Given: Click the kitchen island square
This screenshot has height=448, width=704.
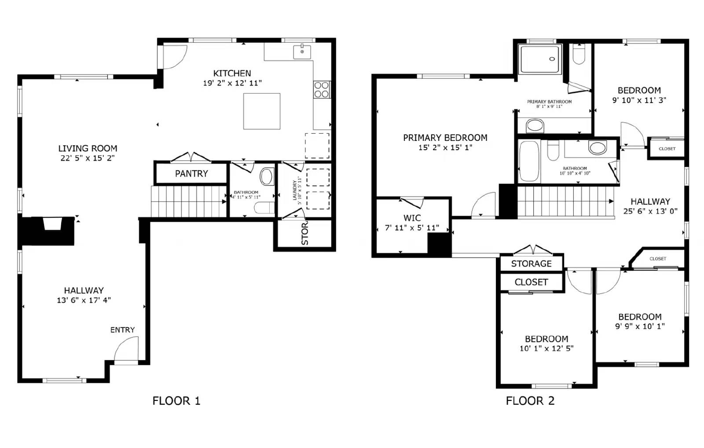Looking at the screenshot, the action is (262, 111).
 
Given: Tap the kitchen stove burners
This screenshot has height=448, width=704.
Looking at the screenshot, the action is (322, 90).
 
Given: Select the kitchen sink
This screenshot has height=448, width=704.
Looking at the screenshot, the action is (302, 52).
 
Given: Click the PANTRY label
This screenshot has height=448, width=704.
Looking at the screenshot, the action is (191, 173).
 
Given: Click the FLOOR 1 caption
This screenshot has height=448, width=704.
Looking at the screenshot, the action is (176, 401).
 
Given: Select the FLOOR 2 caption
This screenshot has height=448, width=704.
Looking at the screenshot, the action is (530, 401).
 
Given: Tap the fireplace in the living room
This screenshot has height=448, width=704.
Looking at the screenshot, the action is (52, 224).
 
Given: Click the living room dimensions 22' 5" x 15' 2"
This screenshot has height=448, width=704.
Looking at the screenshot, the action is (88, 158).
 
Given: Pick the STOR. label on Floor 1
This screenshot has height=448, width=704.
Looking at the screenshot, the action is (305, 233).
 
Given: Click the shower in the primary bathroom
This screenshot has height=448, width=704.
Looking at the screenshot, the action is (540, 59).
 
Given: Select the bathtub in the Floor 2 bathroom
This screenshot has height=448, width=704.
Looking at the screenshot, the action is (529, 161).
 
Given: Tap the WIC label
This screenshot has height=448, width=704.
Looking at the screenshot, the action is (412, 218).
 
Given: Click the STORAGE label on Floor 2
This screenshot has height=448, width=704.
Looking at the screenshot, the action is (531, 264).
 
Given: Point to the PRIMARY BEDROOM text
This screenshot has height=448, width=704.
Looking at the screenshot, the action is (445, 138).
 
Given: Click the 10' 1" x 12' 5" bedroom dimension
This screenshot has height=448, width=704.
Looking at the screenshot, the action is (546, 349).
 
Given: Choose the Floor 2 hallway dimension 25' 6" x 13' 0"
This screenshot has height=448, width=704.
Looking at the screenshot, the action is (650, 211).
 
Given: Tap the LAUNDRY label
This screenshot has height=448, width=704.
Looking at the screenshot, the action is (294, 190).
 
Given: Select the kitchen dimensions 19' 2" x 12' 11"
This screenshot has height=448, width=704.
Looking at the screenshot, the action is (232, 83).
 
